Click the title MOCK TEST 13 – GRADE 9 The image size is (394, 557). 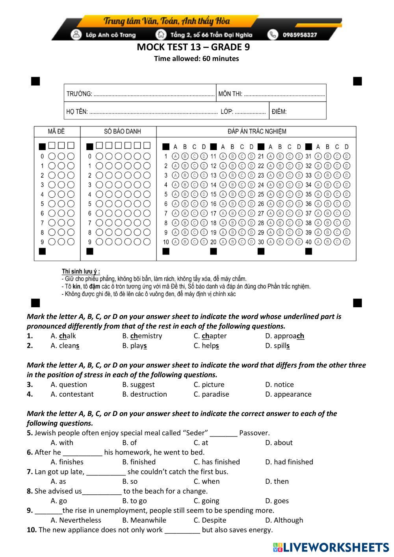[x=193, y=47]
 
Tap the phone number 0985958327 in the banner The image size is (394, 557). [x=299, y=35]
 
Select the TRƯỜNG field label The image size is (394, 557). [x=79, y=94]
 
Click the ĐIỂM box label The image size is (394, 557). [x=279, y=111]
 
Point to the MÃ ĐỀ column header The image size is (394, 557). [x=56, y=131]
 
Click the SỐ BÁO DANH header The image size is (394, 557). [x=122, y=131]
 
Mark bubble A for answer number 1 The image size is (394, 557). [x=175, y=156]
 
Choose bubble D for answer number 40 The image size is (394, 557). [x=347, y=242]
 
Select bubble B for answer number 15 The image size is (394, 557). [x=232, y=194]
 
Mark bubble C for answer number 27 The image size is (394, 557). [x=290, y=214]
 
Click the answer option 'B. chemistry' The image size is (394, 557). [x=142, y=336]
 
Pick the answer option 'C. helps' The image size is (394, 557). [x=206, y=346]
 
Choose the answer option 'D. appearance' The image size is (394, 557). [x=288, y=394]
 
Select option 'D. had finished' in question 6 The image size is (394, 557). [x=289, y=462]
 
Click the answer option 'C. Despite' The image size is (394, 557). [x=210, y=520]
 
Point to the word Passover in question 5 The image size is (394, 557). [x=254, y=433]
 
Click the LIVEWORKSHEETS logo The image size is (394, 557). [x=331, y=547]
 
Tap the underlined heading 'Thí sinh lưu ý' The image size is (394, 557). [x=80, y=271]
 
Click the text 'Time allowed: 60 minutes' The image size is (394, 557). [x=196, y=59]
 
